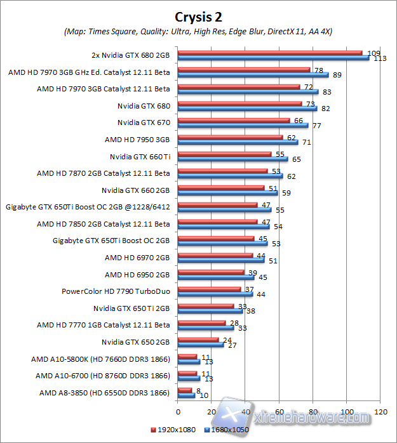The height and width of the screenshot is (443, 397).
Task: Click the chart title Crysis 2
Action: click(x=199, y=15)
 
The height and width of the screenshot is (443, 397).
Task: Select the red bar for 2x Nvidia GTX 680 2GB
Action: click(x=270, y=53)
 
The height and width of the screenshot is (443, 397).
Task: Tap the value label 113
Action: click(x=380, y=59)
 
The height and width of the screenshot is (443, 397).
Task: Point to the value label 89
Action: click(x=337, y=76)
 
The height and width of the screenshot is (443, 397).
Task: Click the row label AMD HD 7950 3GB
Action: click(x=137, y=139)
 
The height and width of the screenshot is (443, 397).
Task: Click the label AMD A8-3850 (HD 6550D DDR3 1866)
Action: click(x=105, y=393)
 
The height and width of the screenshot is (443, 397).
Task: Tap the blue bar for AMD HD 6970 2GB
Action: click(x=221, y=261)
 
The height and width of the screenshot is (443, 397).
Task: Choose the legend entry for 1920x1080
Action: click(x=173, y=431)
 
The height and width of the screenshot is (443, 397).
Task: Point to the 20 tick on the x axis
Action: click(x=212, y=413)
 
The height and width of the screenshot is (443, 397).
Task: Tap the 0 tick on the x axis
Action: click(x=178, y=413)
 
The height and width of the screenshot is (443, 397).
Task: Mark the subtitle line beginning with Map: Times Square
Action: click(x=199, y=31)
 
